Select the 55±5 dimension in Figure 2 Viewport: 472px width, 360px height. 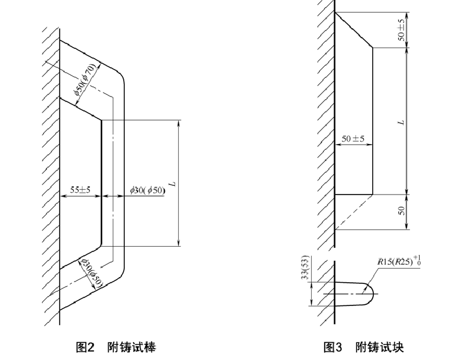80,189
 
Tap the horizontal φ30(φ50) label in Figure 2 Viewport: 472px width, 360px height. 147,190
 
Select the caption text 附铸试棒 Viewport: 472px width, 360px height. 131,347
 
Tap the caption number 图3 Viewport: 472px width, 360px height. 332,347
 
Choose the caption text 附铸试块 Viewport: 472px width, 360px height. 379,347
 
